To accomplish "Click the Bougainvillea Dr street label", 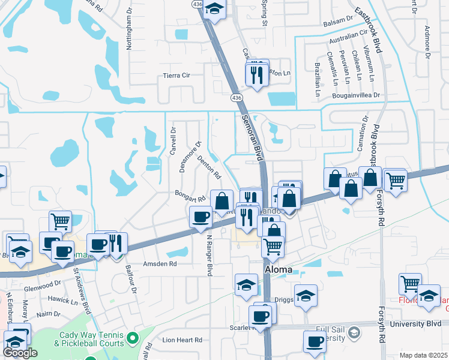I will click(x=357, y=95).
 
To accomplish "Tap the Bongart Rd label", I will click(x=190, y=194).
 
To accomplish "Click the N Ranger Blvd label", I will click(x=209, y=254).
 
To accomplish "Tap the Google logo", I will click(x=20, y=353).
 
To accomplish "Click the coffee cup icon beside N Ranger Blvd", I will click(x=200, y=216).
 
